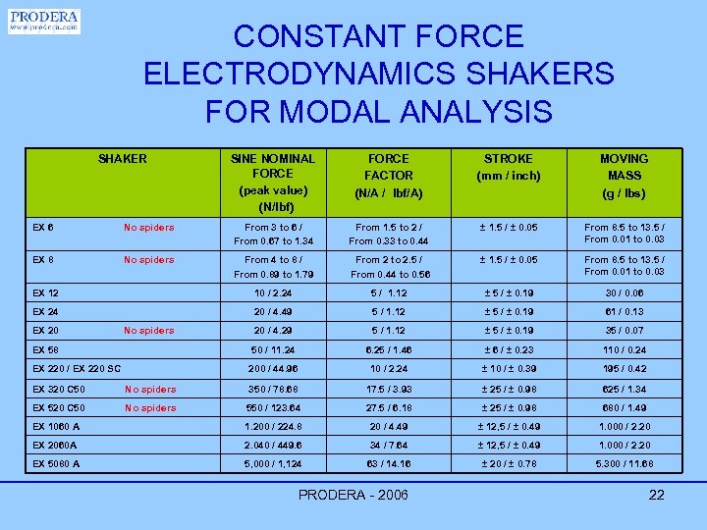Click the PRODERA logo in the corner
[x=44, y=21]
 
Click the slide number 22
[x=657, y=495]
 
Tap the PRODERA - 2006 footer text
[x=353, y=495]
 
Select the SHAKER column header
[x=123, y=158]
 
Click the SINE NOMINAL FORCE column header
[x=272, y=182]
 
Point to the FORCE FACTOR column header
[x=389, y=174]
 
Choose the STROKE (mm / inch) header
[x=509, y=166]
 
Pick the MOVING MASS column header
[x=625, y=174]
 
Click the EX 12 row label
[x=46, y=292]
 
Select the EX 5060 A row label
[x=56, y=464]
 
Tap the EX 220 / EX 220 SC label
[x=77, y=368]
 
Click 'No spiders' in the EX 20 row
[x=149, y=331]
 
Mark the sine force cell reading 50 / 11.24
[x=273, y=349]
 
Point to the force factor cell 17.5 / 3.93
[x=389, y=388]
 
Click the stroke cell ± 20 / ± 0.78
[x=508, y=464]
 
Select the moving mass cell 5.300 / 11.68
[x=625, y=464]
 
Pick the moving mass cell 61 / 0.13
[x=625, y=312]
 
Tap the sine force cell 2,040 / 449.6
[x=273, y=445]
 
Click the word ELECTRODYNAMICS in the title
[x=378, y=74]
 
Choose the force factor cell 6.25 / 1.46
[x=389, y=349]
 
